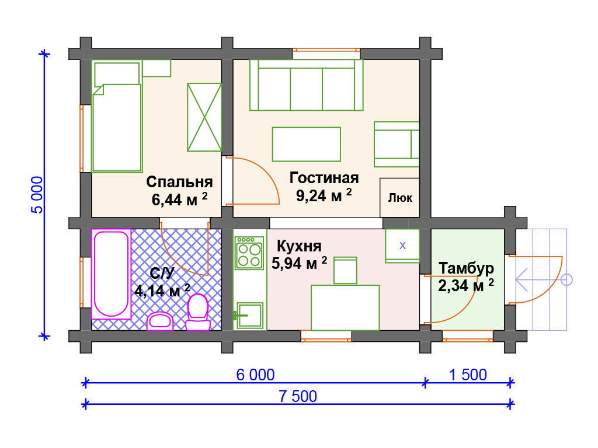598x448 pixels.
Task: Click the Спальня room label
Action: (x=179, y=182)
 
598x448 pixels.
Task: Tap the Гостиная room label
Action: (x=324, y=178)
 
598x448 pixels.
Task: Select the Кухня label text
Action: (x=299, y=246)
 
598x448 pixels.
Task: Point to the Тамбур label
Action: (x=466, y=268)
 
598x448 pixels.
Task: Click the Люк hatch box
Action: (x=399, y=198)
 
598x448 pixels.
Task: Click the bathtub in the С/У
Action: (x=111, y=274)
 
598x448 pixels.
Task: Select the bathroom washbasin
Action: (x=160, y=321)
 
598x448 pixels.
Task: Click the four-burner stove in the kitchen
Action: (x=249, y=253)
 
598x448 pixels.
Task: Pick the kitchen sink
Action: (x=250, y=316)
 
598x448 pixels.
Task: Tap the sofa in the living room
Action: (x=306, y=85)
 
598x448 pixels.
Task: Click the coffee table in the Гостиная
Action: (x=306, y=144)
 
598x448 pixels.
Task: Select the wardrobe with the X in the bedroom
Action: (x=204, y=117)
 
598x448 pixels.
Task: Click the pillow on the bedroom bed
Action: (x=117, y=74)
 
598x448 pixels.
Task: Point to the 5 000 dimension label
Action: (x=37, y=195)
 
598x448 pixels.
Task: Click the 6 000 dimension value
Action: (x=255, y=375)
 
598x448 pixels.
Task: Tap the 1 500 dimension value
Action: (x=468, y=375)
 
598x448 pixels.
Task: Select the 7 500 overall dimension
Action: (x=297, y=396)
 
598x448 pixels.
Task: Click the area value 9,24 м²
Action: (x=324, y=195)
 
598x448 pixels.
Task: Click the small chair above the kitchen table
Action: (x=345, y=271)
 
